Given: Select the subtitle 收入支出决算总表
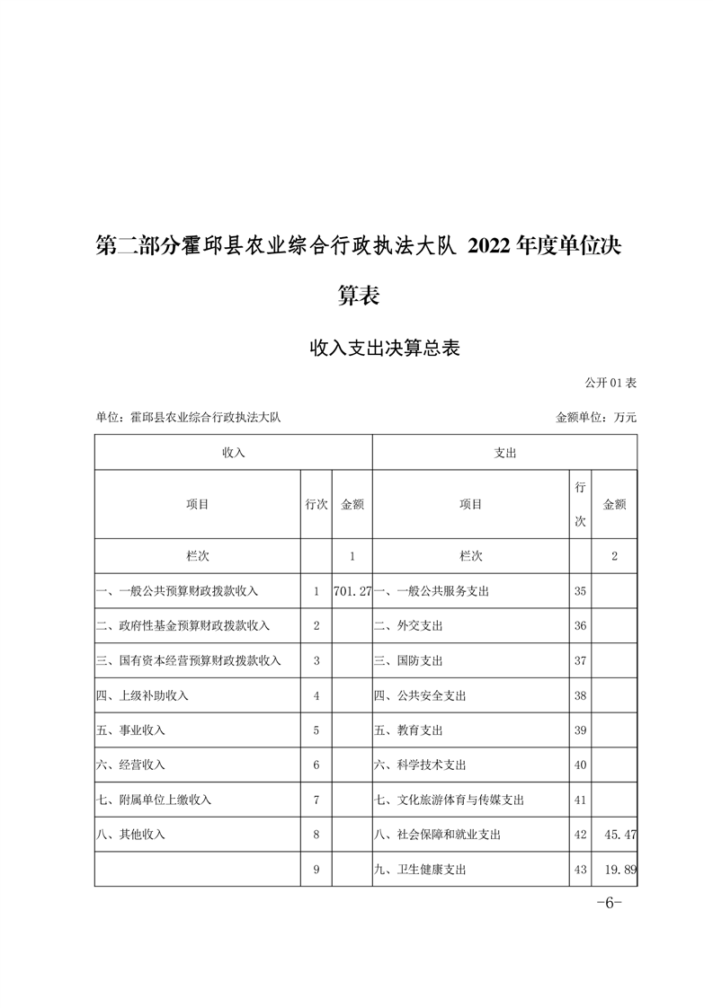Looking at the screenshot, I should pyautogui.click(x=385, y=349).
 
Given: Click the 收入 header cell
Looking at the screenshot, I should pyautogui.click(x=234, y=454).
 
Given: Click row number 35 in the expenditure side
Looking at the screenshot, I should pyautogui.click(x=580, y=591).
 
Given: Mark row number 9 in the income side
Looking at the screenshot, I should pyautogui.click(x=316, y=870).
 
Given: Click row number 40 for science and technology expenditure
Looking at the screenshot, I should pyautogui.click(x=580, y=765).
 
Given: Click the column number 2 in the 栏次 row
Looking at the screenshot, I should pyautogui.click(x=614, y=556).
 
